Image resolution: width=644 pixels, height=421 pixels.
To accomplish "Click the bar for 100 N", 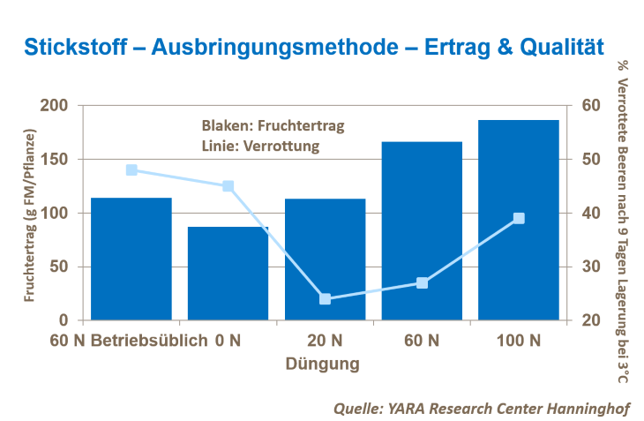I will coord(519,220).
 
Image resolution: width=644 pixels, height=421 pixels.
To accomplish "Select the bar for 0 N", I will coord(228,273).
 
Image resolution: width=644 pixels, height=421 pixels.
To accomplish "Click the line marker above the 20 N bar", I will coord(325,298).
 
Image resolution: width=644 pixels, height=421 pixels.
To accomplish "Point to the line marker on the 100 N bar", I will coord(519,218).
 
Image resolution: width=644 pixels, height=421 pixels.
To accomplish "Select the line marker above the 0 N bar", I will coord(228,186).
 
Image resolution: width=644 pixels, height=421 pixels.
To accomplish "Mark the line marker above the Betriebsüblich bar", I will coord(131,169).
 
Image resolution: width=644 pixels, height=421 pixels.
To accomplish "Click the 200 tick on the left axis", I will coord(56,106).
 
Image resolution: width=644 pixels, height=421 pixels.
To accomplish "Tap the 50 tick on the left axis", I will coord(59,267).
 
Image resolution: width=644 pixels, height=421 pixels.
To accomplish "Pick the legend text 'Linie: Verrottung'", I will coord(260,146).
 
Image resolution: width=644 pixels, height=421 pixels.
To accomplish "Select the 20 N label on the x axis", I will coord(325,340).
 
